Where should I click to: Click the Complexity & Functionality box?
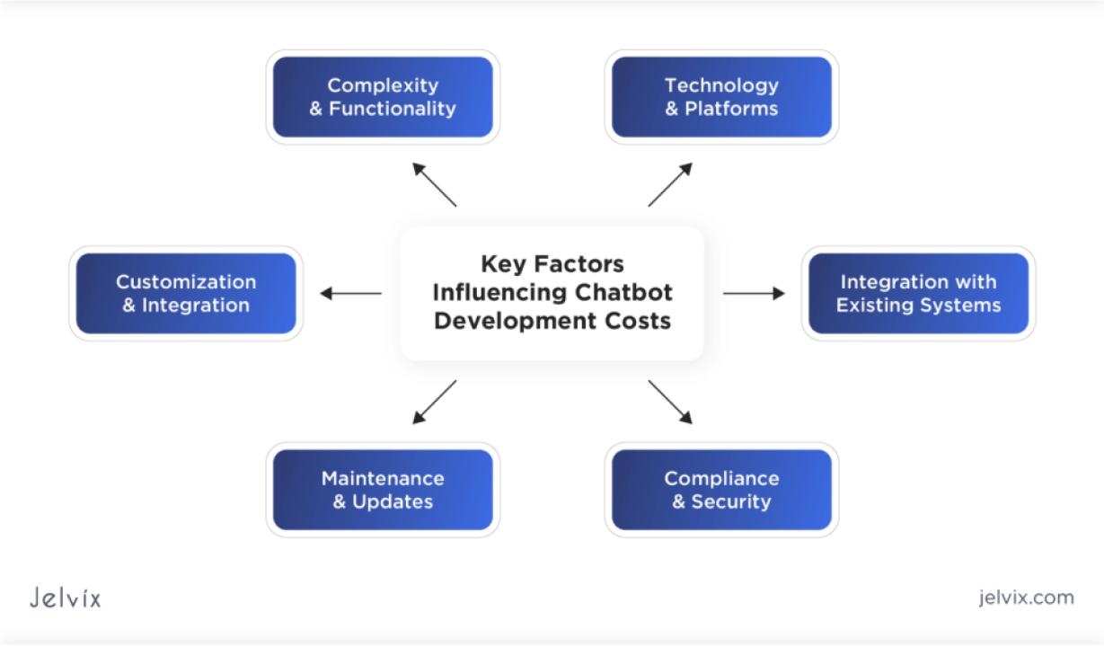pyautogui.click(x=383, y=97)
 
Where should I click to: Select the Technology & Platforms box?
pyautogui.click(x=721, y=97)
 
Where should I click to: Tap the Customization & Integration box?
pyautogui.click(x=186, y=293)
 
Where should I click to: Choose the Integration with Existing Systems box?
pyautogui.click(x=918, y=293)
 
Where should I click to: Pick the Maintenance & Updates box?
pyautogui.click(x=383, y=490)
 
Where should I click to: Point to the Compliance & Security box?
pyautogui.click(x=721, y=490)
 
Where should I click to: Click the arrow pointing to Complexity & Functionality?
pyautogui.click(x=434, y=184)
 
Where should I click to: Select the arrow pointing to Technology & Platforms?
pyautogui.click(x=670, y=184)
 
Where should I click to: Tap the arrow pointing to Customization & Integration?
pyautogui.click(x=350, y=293)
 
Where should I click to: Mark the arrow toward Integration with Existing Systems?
pyautogui.click(x=754, y=293)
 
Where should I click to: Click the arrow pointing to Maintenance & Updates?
pyautogui.click(x=434, y=402)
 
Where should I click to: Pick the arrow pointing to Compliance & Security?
pyautogui.click(x=670, y=402)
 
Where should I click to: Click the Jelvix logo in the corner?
pyautogui.click(x=65, y=598)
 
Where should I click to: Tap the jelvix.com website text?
pyautogui.click(x=1026, y=598)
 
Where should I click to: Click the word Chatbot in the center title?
pyautogui.click(x=625, y=293)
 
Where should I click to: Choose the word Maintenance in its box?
pyautogui.click(x=383, y=478)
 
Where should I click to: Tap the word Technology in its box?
pyautogui.click(x=721, y=85)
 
